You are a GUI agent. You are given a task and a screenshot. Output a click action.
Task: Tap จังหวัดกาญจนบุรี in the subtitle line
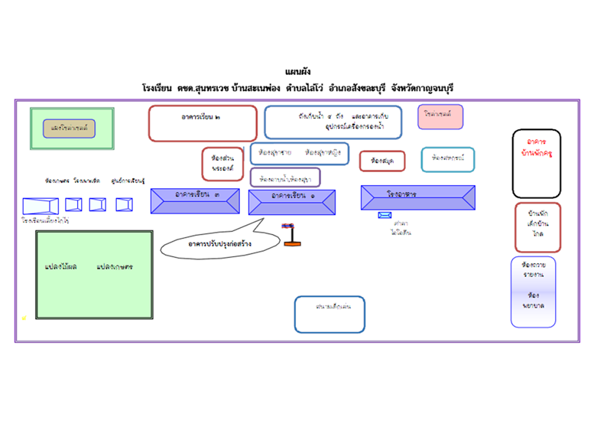[x=421, y=89]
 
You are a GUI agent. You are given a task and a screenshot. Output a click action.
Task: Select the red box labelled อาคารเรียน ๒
[x=203, y=123]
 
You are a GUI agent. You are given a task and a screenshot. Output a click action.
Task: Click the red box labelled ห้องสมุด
[x=382, y=161]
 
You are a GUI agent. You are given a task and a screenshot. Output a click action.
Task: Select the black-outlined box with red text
[x=536, y=164]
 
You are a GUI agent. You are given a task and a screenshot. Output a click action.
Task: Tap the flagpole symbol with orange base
[x=290, y=234]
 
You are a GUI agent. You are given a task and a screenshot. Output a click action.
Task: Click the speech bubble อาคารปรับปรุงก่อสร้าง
[x=212, y=243]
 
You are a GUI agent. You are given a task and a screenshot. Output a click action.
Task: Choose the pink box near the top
[x=440, y=116]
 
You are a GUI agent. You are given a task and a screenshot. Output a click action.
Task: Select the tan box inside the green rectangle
[x=69, y=128]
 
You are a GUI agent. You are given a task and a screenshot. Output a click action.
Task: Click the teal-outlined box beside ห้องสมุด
[x=447, y=159]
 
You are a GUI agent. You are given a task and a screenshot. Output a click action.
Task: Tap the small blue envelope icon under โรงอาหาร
[x=384, y=215]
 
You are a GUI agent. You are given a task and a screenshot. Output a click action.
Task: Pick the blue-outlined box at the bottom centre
[x=329, y=314]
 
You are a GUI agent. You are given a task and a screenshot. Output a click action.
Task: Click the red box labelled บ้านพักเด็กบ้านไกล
[x=537, y=227]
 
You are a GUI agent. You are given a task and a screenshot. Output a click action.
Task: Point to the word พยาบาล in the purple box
[x=533, y=305]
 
